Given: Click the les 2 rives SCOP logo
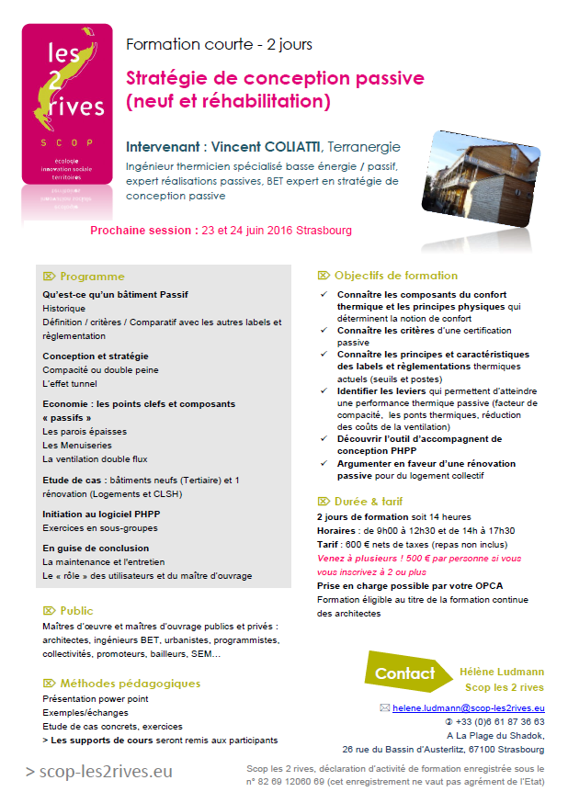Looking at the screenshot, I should (x=66, y=110).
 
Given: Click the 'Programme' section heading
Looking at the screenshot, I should (x=91, y=277).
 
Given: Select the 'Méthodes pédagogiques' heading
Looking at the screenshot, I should (x=130, y=684).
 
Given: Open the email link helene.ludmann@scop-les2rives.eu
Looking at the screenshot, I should (x=468, y=708).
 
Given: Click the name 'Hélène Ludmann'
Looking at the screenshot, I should (x=501, y=673).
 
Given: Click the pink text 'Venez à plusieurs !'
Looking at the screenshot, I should (x=359, y=558).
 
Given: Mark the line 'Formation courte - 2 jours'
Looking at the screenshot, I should (x=218, y=44).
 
